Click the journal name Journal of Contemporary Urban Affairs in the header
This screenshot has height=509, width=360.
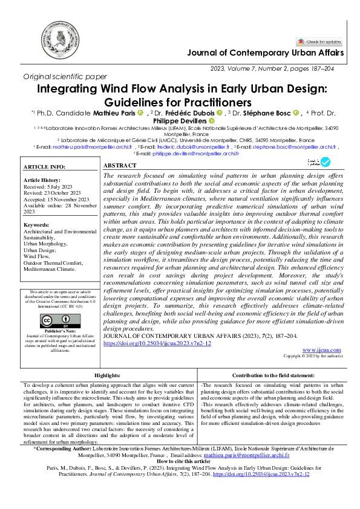click(x=266, y=53)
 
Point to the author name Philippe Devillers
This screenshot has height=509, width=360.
click(x=180, y=120)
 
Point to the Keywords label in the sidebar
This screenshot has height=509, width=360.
click(x=38, y=225)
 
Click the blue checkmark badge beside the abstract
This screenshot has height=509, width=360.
click(x=325, y=162)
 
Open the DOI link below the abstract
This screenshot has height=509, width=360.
click(x=157, y=343)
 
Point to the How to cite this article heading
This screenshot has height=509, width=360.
click(x=180, y=461)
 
